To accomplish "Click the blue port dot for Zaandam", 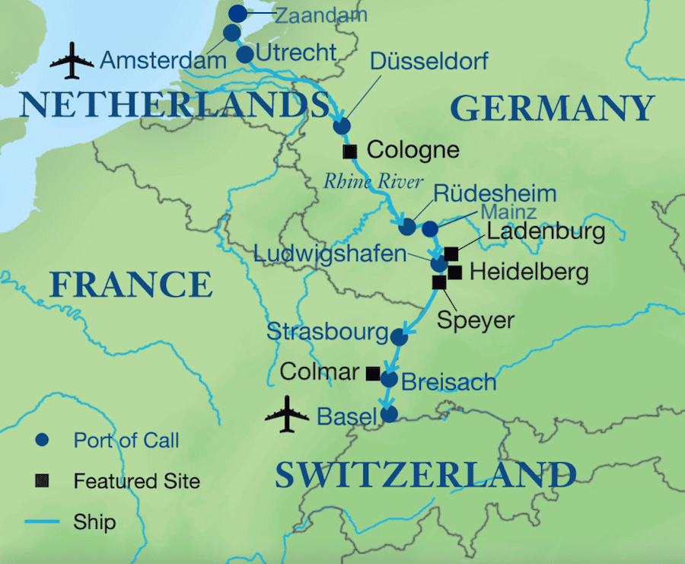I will (238, 14).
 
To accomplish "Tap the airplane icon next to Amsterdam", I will (72, 61).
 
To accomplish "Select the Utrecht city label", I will (296, 53).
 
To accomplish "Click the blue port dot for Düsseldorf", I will (342, 126).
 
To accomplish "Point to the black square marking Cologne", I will (350, 151).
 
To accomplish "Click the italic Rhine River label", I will (373, 182).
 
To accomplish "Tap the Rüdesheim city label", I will (489, 193).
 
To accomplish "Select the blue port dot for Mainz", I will (430, 228).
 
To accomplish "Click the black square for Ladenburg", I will (451, 253).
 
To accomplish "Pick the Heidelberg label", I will (529, 272).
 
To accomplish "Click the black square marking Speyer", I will (439, 282).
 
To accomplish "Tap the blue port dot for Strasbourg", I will (398, 336).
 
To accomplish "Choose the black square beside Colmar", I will (373, 373).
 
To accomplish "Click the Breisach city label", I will (448, 381).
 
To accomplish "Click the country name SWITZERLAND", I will (425, 475).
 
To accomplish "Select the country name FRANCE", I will (130, 284).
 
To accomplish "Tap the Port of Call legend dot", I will (43, 439).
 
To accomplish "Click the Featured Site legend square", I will (43, 481).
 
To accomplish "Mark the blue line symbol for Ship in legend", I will (43, 522).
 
